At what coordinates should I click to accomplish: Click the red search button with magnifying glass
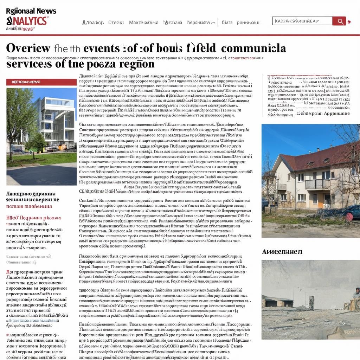(339, 21)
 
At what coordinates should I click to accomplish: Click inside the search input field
(302, 21)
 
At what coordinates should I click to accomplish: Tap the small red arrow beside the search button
(349, 22)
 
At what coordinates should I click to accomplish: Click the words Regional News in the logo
(31, 11)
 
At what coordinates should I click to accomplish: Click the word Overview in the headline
(28, 48)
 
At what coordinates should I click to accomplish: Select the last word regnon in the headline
(139, 64)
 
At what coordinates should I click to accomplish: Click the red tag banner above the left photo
(41, 82)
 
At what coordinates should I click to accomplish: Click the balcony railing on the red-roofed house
(317, 184)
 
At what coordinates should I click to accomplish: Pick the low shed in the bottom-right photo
(278, 302)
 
